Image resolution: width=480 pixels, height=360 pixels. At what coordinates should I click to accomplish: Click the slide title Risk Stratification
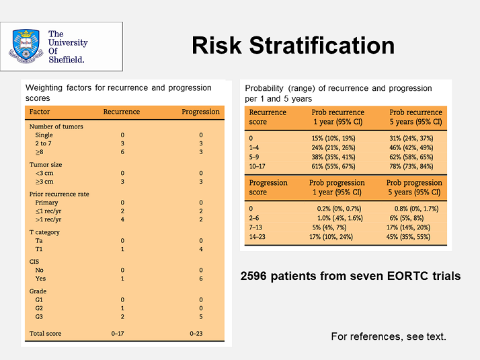[293, 45]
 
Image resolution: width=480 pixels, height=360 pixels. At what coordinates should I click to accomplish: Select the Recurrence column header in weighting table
[122, 112]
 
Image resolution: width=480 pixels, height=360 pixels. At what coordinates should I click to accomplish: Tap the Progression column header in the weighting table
[200, 112]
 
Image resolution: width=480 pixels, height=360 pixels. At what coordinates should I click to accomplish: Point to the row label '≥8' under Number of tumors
[40, 153]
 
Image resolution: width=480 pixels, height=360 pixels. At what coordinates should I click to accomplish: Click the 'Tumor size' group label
[45, 164]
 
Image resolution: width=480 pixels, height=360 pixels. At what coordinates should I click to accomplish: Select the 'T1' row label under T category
[40, 249]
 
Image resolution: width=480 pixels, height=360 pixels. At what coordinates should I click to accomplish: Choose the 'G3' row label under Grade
[40, 316]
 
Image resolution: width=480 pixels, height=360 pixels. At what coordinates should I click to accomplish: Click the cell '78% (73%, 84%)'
[415, 166]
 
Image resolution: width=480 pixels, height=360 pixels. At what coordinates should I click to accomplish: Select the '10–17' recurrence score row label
[259, 166]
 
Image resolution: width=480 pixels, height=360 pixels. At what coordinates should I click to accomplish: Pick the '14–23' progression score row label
[259, 237]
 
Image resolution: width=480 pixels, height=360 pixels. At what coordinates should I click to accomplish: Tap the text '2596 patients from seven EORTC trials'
[350, 276]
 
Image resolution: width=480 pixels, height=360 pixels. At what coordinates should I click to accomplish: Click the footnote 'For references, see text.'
[388, 336]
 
